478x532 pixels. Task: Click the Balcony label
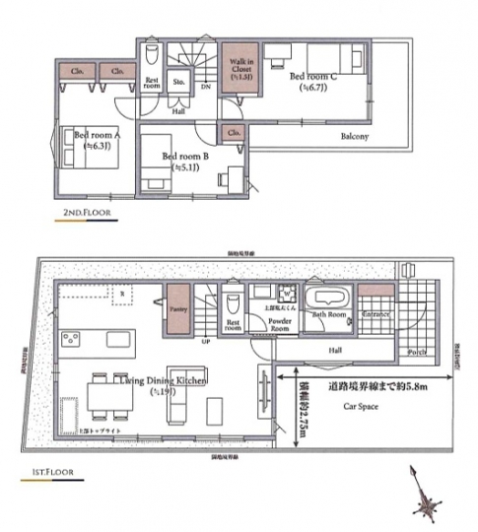pos(355,136)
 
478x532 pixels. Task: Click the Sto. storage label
pos(180,83)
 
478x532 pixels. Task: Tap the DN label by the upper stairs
pos(205,87)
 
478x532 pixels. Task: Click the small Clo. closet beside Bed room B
pos(235,132)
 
